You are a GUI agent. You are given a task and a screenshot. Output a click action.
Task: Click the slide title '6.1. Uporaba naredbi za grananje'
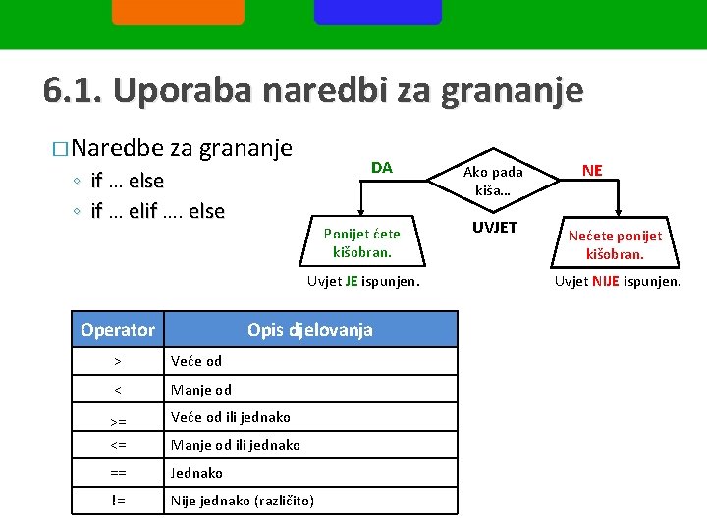313,90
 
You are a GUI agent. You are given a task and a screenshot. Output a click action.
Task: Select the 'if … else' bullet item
127,181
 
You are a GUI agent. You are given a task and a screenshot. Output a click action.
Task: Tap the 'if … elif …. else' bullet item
157,211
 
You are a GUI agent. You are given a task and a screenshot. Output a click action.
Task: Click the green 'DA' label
382,168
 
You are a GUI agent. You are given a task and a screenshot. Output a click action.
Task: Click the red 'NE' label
592,170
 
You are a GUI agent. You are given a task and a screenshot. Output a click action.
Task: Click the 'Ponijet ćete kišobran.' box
361,242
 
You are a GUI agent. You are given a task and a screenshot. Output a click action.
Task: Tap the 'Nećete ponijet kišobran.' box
615,244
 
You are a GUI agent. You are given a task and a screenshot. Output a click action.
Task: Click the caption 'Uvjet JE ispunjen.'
363,281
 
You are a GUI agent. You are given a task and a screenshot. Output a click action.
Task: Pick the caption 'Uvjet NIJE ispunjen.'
617,281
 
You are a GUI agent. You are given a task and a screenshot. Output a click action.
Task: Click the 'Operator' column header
118,330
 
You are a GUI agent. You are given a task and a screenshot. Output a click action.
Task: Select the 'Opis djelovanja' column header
309,330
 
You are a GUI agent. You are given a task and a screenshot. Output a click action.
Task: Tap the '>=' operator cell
118,420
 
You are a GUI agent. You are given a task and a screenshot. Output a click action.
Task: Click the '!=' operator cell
118,501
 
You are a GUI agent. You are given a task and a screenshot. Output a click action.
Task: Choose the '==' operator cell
118,473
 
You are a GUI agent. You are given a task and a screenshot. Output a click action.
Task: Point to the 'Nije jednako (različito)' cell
243,501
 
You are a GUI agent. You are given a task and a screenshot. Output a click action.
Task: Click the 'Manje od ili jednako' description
236,445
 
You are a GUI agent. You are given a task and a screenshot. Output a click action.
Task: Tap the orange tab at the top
178,12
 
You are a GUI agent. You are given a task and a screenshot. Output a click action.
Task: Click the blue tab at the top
377,12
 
